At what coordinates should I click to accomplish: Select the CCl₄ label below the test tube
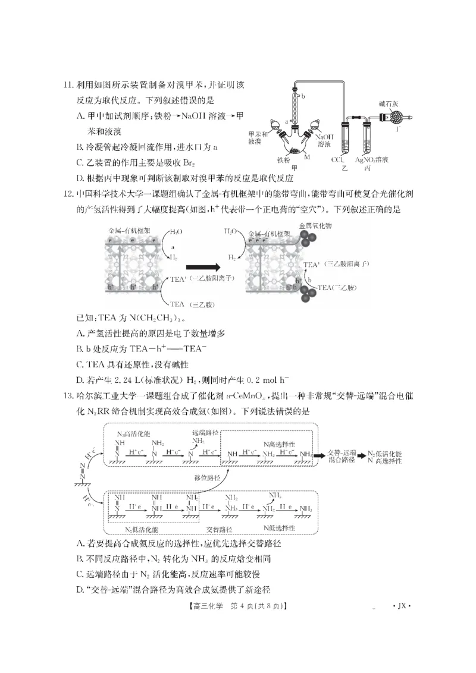[x=340, y=160]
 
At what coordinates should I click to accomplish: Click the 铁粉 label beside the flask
[x=283, y=160]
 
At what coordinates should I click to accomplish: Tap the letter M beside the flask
[x=308, y=156]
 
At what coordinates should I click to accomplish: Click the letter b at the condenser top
[x=303, y=95]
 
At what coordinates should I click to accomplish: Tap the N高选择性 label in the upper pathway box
[x=279, y=444]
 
